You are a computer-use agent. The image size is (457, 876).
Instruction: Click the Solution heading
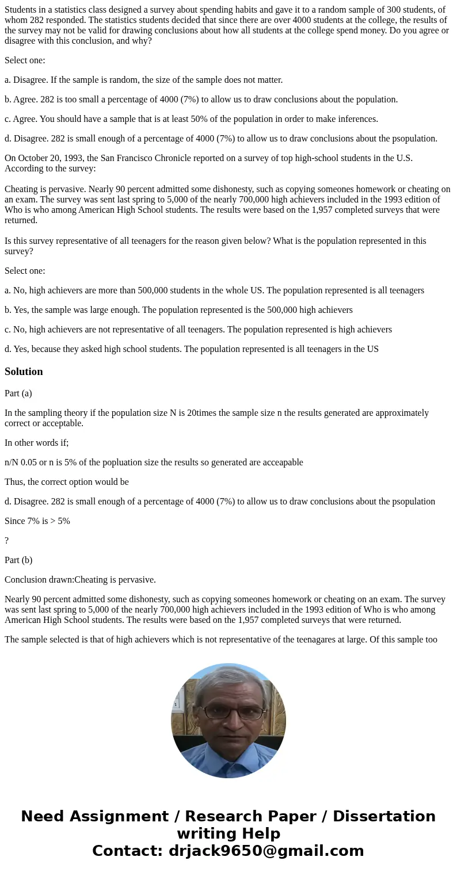click(x=24, y=372)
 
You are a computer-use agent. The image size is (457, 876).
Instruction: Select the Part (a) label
click(x=18, y=393)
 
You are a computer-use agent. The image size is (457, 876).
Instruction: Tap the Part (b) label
click(x=18, y=560)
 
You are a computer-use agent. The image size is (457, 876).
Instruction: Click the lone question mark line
click(x=7, y=541)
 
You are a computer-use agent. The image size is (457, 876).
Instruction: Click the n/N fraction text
click(x=13, y=462)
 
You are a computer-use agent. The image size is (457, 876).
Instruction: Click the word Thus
click(x=14, y=482)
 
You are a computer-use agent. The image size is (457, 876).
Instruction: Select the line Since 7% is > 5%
click(x=37, y=521)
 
